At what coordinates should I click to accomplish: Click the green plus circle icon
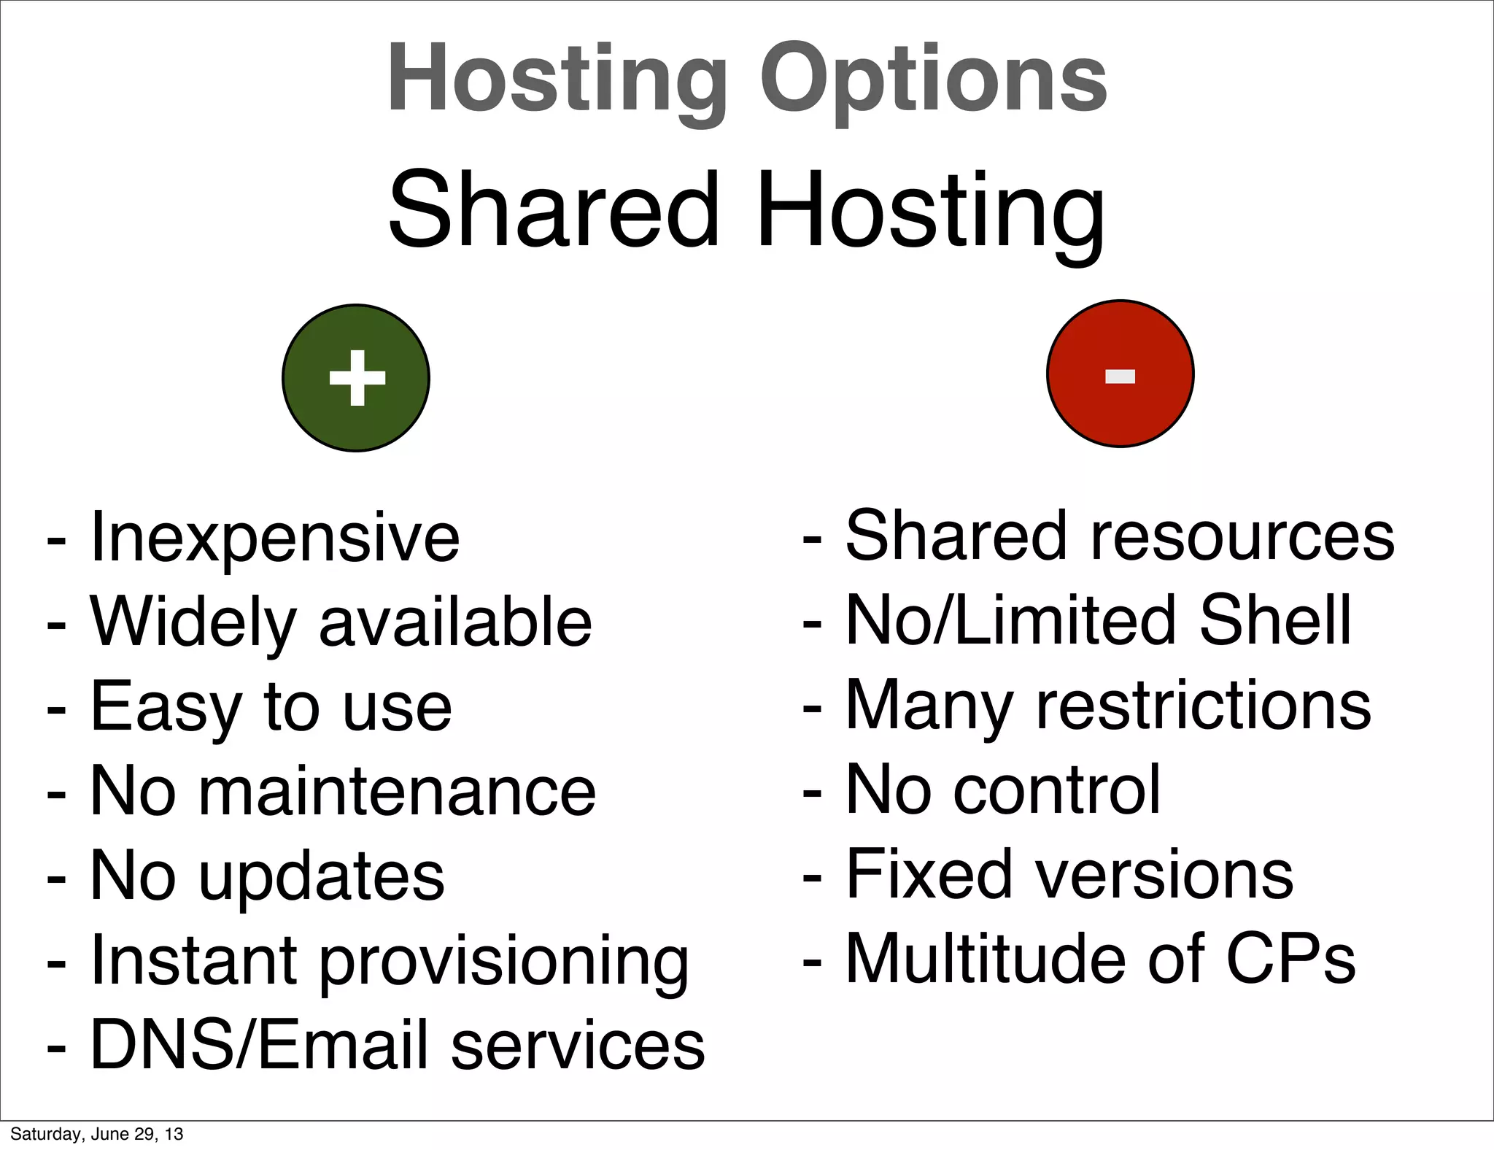[356, 378]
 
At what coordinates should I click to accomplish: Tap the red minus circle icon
[1120, 374]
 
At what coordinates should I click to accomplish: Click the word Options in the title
[933, 79]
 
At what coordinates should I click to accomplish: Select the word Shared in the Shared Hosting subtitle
[554, 210]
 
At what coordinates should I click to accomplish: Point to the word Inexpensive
[274, 539]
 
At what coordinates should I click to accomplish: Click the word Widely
[193, 622]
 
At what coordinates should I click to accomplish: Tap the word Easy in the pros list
[165, 707]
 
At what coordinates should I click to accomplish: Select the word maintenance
[398, 792]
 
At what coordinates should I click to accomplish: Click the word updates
[322, 876]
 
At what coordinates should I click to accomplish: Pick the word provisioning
[504, 962]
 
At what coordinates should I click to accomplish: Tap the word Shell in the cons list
[1275, 621]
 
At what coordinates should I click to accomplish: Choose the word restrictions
[1204, 706]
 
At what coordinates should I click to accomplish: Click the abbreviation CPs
[1290, 960]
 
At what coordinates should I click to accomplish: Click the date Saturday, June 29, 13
[96, 1134]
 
